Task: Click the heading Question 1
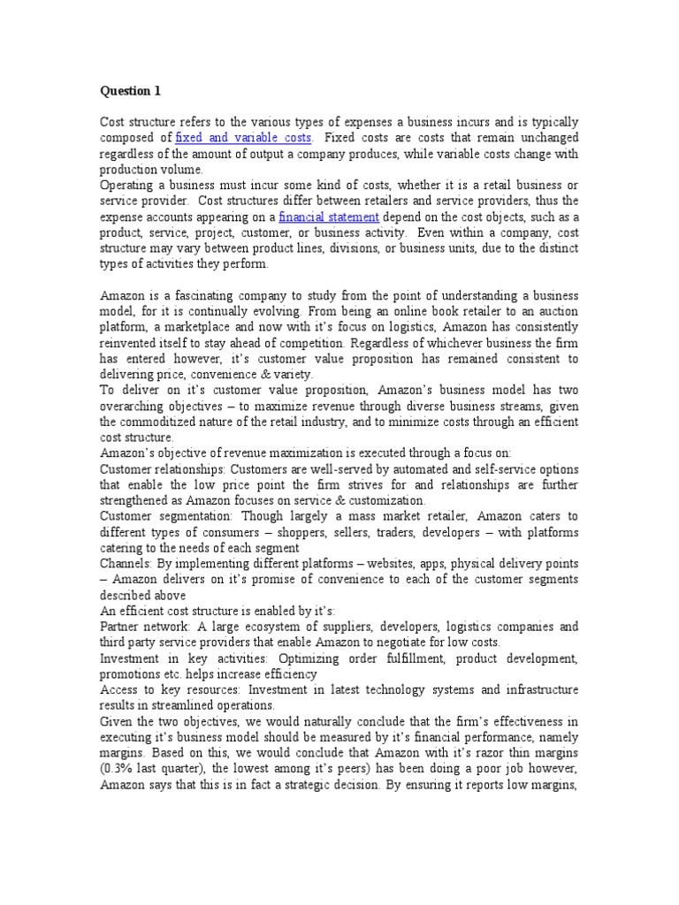point(130,90)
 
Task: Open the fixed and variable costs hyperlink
point(243,138)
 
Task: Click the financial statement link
point(329,217)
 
